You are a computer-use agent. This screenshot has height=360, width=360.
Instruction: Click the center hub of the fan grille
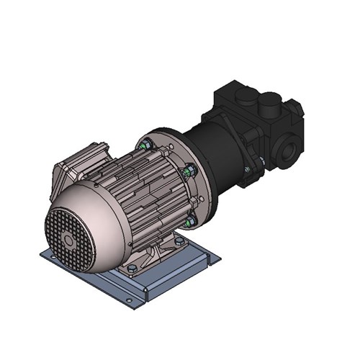(69, 240)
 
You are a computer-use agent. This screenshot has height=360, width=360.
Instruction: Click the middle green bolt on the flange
(190, 171)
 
